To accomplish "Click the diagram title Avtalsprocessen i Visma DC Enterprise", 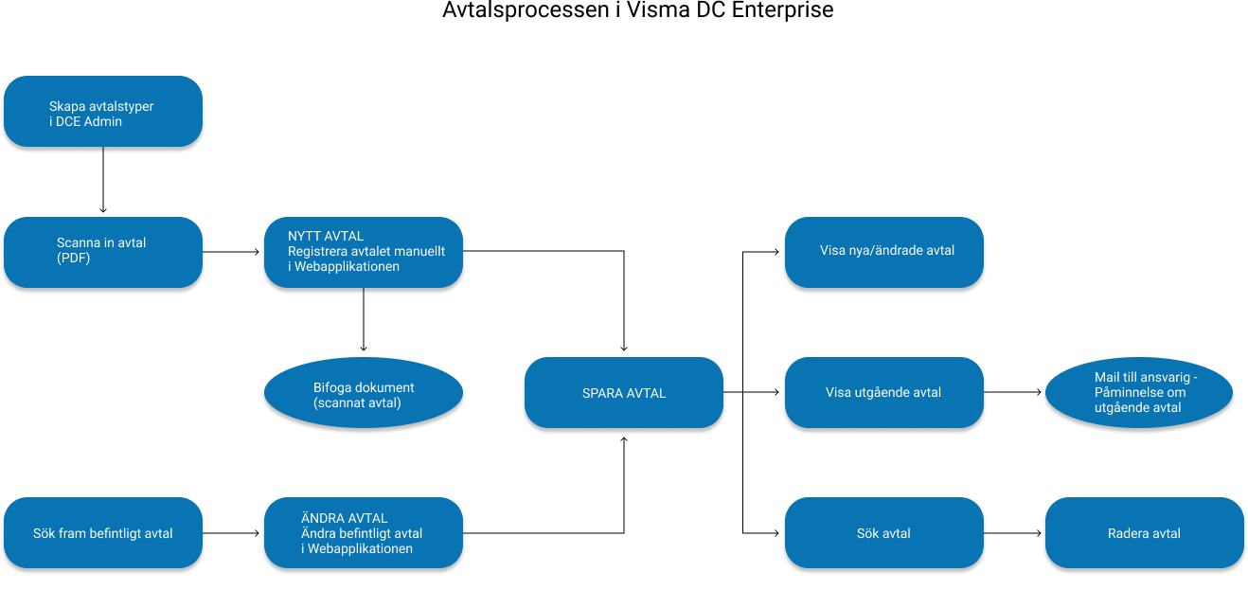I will (x=637, y=12).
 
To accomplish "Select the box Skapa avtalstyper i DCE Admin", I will (x=103, y=112).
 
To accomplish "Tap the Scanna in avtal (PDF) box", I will (x=103, y=252).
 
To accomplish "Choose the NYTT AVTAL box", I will (x=364, y=252).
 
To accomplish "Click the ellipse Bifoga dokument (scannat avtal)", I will (x=364, y=392).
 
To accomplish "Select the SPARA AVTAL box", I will (x=624, y=392).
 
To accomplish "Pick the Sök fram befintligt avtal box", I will (x=103, y=533).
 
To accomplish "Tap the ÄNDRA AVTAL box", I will (x=364, y=533).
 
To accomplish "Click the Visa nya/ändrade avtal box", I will (x=884, y=252).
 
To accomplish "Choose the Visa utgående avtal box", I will (x=884, y=392).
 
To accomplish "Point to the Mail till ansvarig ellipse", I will (x=1139, y=392).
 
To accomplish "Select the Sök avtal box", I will (x=884, y=533).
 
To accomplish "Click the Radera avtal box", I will (x=1144, y=533).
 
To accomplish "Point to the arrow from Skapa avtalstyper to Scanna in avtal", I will (x=103, y=180).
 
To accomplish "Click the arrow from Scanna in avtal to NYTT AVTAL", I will (x=233, y=252).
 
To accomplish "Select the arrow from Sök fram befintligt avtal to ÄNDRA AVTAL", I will (x=233, y=533).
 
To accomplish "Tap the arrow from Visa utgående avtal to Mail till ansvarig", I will (x=1014, y=392).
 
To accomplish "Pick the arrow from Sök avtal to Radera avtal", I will (x=1014, y=533).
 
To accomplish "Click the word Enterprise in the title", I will (x=783, y=12).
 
